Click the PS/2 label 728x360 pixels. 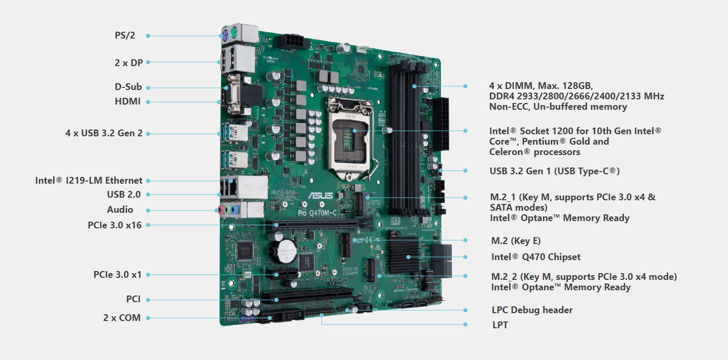tap(125, 35)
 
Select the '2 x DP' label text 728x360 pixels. tap(128, 62)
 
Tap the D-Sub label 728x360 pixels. tap(128, 87)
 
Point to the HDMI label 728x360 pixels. tap(127, 101)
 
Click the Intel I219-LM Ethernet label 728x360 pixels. tap(88, 181)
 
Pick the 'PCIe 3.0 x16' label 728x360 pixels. tap(114, 225)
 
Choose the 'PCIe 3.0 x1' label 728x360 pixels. tap(118, 274)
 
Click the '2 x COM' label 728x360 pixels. tap(122, 317)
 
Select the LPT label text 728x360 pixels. tap(500, 325)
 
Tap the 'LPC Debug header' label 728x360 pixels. tap(532, 310)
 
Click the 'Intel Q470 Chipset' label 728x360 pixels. tap(536, 256)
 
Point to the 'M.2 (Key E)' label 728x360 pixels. tap(516, 241)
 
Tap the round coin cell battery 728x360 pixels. tap(285, 250)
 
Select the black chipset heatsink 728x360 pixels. tap(409, 256)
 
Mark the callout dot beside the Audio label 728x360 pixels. tap(148, 210)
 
